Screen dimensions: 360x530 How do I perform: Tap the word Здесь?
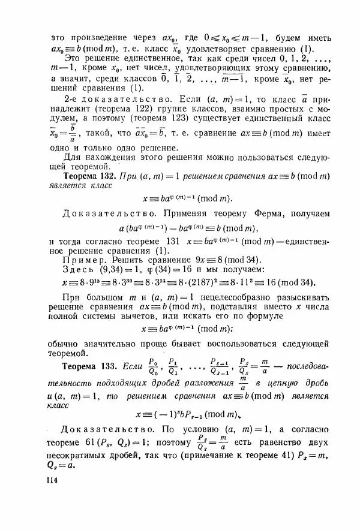(x=81, y=272)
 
